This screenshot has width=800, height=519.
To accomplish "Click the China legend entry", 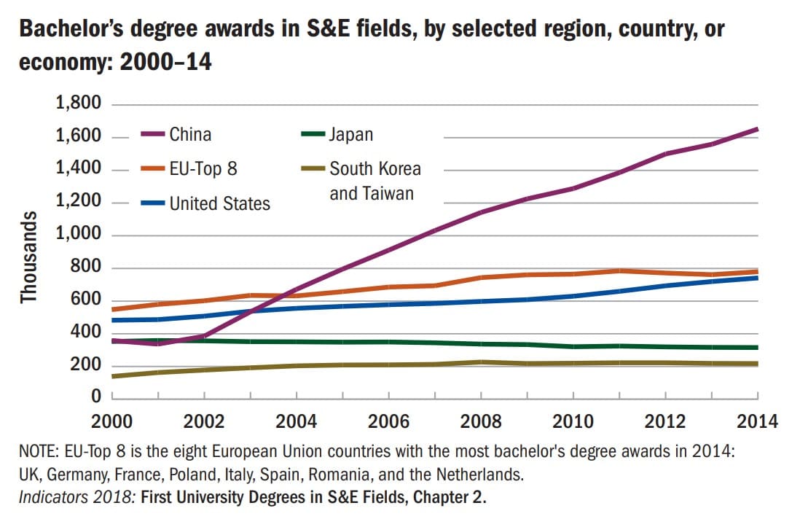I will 190,135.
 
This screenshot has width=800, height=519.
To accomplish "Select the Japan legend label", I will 350,135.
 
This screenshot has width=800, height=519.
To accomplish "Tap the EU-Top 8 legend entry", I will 203,169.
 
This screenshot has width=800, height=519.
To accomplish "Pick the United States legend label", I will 219,203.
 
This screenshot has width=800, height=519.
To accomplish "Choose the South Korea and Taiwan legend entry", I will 374,181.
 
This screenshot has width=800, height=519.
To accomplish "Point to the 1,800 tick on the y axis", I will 77,104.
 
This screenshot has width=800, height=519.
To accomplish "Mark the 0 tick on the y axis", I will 95,397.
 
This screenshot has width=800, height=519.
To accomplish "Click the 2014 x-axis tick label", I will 758,422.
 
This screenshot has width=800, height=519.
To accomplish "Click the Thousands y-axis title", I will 29,257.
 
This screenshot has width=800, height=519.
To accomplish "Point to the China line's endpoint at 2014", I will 758,129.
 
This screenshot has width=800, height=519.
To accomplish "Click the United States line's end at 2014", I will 758,278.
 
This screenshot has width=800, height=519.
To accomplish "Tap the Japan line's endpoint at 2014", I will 758,348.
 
